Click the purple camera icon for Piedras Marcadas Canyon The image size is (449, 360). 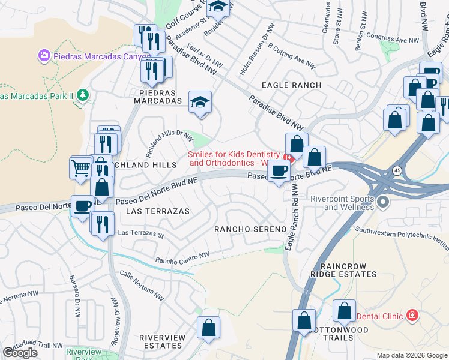44,56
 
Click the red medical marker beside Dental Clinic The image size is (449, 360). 412,315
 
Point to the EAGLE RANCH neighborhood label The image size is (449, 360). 291,85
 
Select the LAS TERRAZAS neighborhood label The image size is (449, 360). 158,211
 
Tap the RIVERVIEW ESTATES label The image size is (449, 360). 162,341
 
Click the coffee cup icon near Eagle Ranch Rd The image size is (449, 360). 278,170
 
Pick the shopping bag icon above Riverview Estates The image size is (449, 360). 208,328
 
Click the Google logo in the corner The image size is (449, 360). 20,352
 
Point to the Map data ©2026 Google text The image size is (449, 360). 411,355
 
